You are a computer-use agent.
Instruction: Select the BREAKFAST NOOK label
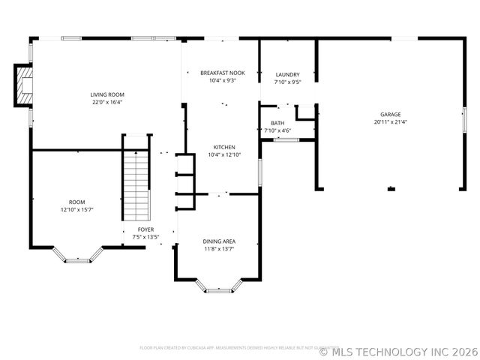coord(222,73)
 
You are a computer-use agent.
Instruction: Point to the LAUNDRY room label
coord(287,74)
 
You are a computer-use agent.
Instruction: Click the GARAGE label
coord(390,114)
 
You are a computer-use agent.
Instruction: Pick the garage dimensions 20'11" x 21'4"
coord(390,121)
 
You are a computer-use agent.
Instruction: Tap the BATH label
coord(277,123)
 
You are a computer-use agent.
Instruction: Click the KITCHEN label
coord(224,147)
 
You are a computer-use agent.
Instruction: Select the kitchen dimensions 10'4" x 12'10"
coord(224,154)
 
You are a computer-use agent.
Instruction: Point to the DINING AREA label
coord(219,241)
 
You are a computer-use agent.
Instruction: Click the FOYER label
coord(145,229)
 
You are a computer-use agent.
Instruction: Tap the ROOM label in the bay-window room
coord(76,202)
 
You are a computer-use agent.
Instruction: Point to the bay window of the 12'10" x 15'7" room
coord(77,259)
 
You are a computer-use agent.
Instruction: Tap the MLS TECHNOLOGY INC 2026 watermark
coord(398,350)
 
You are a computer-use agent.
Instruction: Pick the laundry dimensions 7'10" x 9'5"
coord(287,82)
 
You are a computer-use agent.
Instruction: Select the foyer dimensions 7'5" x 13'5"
coord(145,237)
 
